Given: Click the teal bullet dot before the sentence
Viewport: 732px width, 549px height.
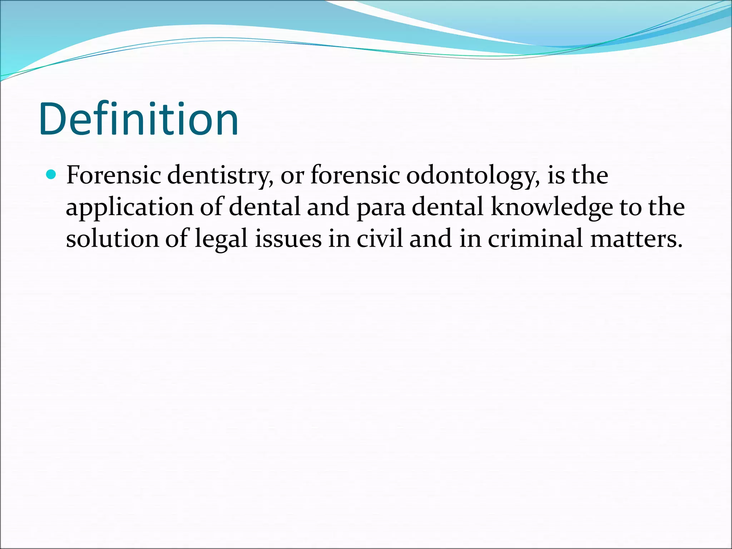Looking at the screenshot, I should coord(52,175).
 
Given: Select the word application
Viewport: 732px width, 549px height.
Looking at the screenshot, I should coord(129,207).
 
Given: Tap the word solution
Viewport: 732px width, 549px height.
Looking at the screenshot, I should coord(112,239).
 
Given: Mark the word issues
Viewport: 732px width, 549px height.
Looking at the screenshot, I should coord(288,239).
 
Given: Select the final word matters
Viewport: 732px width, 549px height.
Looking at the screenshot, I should coord(636,239).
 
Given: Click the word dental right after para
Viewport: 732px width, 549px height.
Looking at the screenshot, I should coord(447,207).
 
